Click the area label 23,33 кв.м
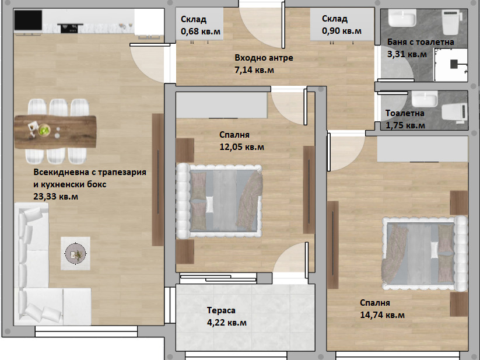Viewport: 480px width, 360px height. click(x=56, y=196)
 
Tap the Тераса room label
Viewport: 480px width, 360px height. click(x=221, y=310)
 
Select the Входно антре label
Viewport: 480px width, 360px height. click(x=264, y=58)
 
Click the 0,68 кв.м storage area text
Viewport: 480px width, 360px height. click(x=201, y=32)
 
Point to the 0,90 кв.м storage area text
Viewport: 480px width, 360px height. click(x=342, y=31)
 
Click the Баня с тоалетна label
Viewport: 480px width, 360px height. click(x=421, y=42)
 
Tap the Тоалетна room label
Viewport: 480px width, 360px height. click(x=405, y=113)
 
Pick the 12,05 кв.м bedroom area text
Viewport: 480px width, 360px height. click(x=242, y=147)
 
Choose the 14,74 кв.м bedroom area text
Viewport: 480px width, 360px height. click(x=383, y=315)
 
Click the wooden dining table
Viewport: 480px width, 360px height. click(x=55, y=132)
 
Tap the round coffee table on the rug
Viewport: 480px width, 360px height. click(x=75, y=253)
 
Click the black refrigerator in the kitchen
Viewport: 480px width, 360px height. click(x=28, y=20)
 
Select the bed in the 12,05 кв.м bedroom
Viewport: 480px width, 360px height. click(x=219, y=201)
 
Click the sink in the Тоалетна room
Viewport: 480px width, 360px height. click(x=425, y=99)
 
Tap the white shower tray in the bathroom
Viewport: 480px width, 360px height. click(x=451, y=65)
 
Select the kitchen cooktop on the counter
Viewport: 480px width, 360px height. click(x=70, y=28)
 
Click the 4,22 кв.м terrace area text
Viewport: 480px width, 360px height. click(x=227, y=323)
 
